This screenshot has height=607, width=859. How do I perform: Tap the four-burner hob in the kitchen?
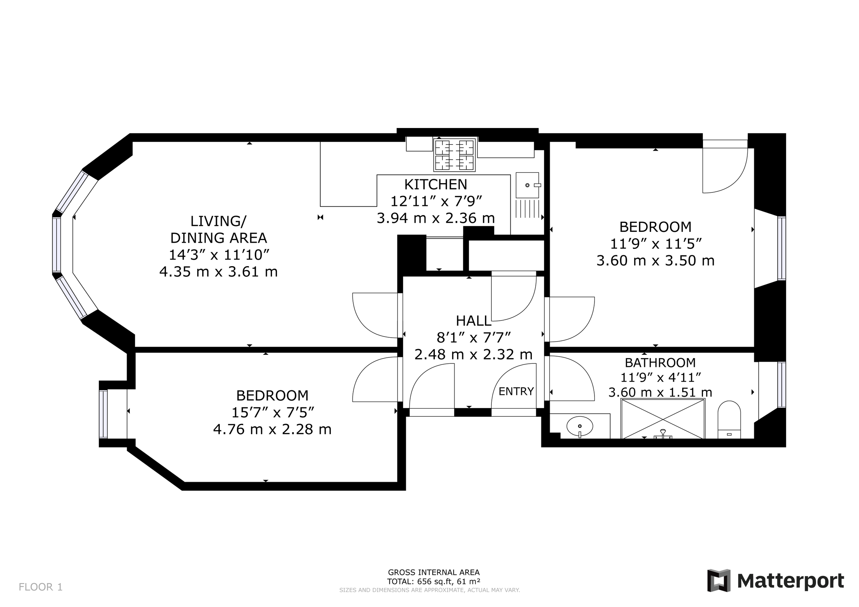coord(455,155)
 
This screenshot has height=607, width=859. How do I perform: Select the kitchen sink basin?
coord(527,185)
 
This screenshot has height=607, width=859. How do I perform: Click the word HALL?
coord(473,320)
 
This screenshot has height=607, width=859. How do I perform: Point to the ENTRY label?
coord(516,391)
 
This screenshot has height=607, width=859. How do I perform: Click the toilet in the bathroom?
coord(729,419)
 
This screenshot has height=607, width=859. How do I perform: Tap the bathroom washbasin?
coord(579,426)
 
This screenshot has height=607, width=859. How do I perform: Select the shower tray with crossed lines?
coord(663,418)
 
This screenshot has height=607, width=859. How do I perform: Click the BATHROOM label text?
coord(660,362)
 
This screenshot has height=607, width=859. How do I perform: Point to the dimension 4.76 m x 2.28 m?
coord(272,429)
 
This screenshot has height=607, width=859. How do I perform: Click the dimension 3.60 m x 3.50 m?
coord(655,260)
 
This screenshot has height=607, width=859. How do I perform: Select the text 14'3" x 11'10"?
coord(219,255)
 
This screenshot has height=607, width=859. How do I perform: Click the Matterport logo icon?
coord(718,581)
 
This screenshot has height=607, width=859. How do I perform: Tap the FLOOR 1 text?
coord(40,587)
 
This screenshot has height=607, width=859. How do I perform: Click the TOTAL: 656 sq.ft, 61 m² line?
coord(433,581)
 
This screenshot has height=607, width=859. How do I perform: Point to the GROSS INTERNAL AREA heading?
coord(433,572)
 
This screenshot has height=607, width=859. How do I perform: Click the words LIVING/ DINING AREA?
coord(218,229)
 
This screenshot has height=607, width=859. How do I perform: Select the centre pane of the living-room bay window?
coord(57,245)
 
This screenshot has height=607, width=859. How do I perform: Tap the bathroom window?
coord(781,385)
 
